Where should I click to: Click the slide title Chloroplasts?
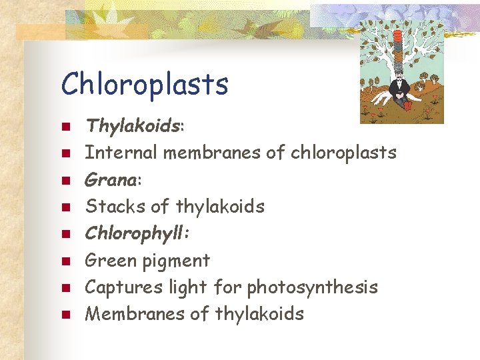pyautogui.click(x=145, y=85)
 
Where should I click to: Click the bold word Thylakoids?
pyautogui.click(x=134, y=125)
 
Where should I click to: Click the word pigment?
pyautogui.click(x=175, y=261)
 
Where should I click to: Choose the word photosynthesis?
pyautogui.click(x=312, y=288)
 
